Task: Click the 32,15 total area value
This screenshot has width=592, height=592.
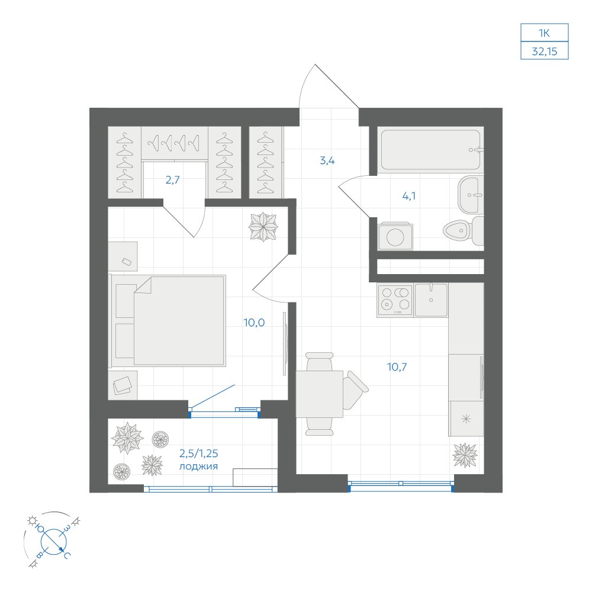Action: click(545, 52)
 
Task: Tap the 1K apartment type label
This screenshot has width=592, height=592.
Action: click(544, 33)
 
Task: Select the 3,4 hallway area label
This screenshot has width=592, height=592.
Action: click(327, 160)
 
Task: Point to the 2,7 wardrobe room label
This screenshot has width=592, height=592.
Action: click(172, 180)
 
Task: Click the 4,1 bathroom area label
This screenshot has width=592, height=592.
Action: click(409, 196)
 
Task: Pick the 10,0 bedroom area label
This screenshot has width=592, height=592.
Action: click(254, 323)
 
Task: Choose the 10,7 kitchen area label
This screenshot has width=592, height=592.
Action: click(397, 366)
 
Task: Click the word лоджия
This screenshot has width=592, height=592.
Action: click(198, 466)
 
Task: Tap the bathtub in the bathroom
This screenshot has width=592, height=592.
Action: click(431, 150)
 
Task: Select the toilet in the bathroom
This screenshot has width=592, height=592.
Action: click(463, 230)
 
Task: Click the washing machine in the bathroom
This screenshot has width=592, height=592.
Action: click(395, 237)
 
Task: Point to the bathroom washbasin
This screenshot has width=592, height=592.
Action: click(471, 195)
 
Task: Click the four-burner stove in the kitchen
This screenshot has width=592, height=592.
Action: click(395, 300)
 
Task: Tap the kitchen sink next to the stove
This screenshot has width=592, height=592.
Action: click(431, 300)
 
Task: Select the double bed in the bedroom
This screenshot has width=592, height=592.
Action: click(168, 320)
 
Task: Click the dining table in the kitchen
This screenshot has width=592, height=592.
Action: click(320, 394)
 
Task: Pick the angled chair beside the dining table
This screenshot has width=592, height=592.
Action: click(355, 390)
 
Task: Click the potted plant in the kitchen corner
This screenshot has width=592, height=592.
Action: click(465, 455)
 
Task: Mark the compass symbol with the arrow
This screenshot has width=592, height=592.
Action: click(53, 540)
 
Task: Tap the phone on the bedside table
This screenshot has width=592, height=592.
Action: click(127, 261)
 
